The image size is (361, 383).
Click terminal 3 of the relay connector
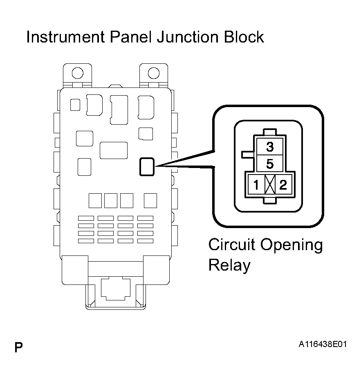[x=270, y=147]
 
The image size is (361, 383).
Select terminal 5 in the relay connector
[x=270, y=164]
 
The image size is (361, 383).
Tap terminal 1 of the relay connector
[x=256, y=185]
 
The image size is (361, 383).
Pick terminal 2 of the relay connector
[x=283, y=185]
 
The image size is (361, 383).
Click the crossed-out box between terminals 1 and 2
[x=270, y=185]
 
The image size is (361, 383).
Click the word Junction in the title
[x=188, y=37]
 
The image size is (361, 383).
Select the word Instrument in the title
[x=66, y=37]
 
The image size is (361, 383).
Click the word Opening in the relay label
[x=291, y=245]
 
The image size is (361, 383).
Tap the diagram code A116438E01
[x=323, y=344]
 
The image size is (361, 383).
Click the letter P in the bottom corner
[x=18, y=347]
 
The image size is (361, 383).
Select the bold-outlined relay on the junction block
[x=147, y=167]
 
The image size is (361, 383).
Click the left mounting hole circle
[x=78, y=73]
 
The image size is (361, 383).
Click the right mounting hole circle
[x=154, y=73]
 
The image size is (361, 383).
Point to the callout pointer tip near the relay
[x=156, y=166]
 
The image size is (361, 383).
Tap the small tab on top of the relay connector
[x=270, y=132]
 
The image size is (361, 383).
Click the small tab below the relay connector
[x=270, y=201]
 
